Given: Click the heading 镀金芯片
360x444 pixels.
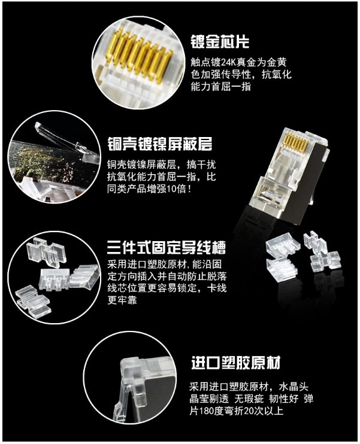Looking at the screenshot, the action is pyautogui.click(x=220, y=41).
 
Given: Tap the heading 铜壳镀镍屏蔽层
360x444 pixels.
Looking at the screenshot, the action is pyautogui.click(x=159, y=144).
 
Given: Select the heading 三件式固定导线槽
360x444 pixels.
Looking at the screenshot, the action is pyautogui.click(x=167, y=248).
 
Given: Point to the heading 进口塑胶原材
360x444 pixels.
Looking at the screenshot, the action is pyautogui.click(x=236, y=363).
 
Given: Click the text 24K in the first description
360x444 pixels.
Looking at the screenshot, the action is pyautogui.click(x=228, y=62).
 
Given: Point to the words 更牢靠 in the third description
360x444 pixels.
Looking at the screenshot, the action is pyautogui.click(x=122, y=300).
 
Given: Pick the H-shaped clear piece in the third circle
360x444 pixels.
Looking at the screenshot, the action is pyautogui.click(x=47, y=251).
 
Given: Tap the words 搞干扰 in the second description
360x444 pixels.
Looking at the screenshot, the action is pyautogui.click(x=201, y=165).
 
